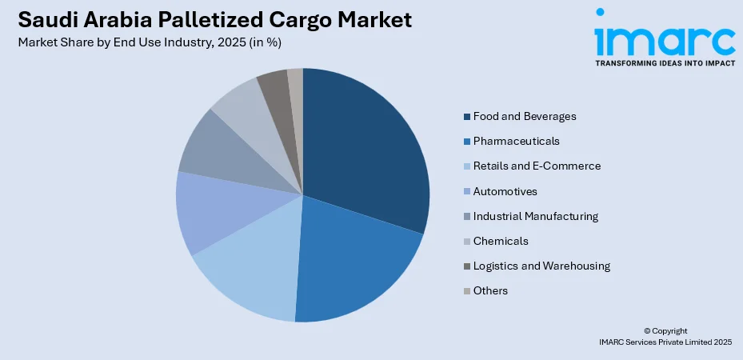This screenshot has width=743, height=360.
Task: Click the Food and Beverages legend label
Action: point(524,117)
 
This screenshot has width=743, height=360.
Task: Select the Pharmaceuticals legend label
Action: point(516,142)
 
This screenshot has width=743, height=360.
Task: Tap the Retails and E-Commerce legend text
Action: point(536,166)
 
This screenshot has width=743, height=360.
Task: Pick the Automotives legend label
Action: point(505,191)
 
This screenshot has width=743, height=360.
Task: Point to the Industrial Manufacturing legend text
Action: point(535,216)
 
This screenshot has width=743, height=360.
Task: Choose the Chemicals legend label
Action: point(501,241)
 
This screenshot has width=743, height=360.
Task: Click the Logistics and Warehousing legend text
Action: point(541,266)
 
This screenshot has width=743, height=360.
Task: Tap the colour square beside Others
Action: point(466,291)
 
